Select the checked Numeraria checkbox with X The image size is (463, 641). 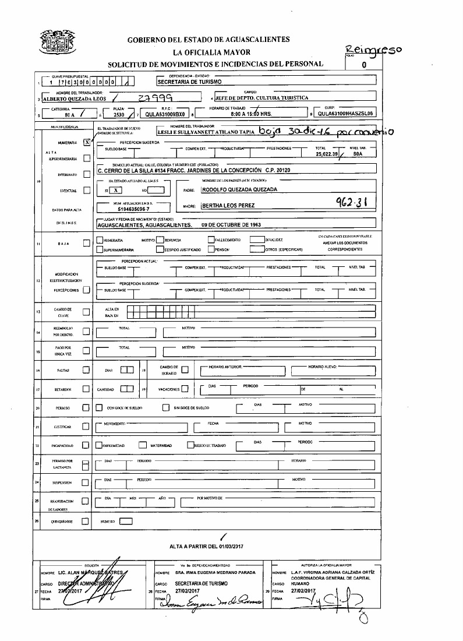point(86,142)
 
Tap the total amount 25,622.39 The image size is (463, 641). point(326,154)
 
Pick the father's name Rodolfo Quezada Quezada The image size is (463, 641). point(238,189)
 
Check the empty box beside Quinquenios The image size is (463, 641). point(86,522)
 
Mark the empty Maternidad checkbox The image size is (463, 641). point(142,445)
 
